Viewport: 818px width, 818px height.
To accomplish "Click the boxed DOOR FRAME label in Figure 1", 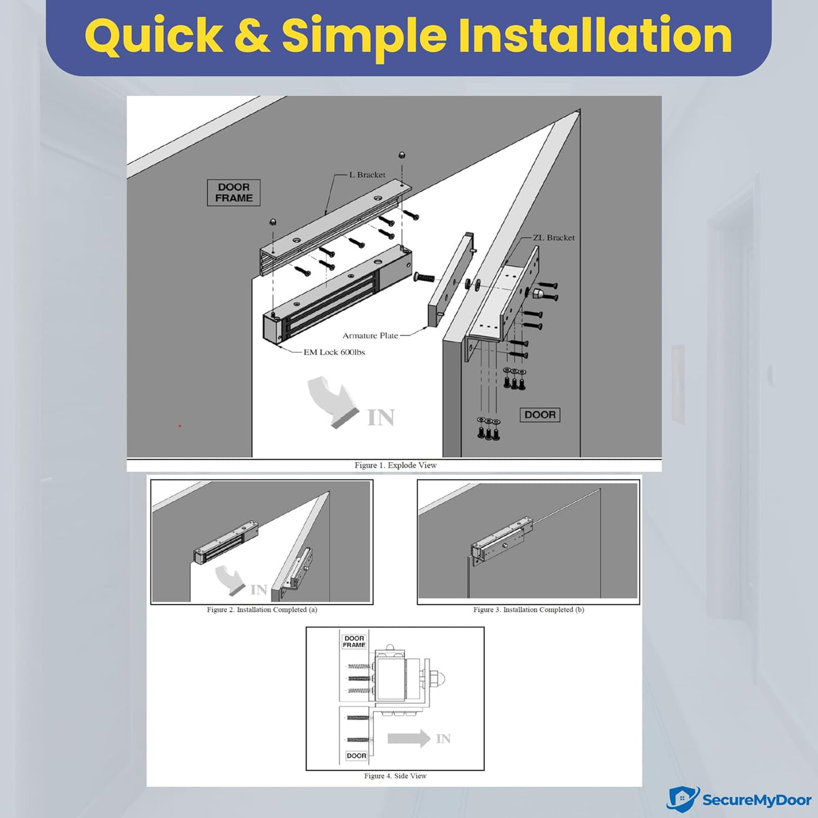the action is point(234,193).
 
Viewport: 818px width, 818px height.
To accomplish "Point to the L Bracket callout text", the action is point(367,175).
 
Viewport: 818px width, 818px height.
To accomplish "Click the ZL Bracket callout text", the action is point(554,238).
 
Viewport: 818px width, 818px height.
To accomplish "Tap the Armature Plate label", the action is point(370,336).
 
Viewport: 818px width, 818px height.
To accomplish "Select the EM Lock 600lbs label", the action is point(334,352).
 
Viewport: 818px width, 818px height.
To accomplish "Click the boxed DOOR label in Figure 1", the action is point(540,414).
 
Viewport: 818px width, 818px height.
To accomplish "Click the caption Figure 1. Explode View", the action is point(395,466).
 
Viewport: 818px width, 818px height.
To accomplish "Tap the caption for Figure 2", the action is point(262,609).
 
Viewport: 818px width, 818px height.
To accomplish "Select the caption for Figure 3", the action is point(528,609).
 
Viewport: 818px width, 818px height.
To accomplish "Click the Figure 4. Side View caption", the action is point(395,776).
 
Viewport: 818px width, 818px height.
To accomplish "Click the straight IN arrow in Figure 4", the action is point(409,738).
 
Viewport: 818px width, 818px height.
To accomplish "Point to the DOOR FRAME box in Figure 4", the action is point(354,641).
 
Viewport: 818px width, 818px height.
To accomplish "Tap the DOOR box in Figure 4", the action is point(356,755).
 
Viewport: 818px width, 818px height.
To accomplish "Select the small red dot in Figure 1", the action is point(180,425).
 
